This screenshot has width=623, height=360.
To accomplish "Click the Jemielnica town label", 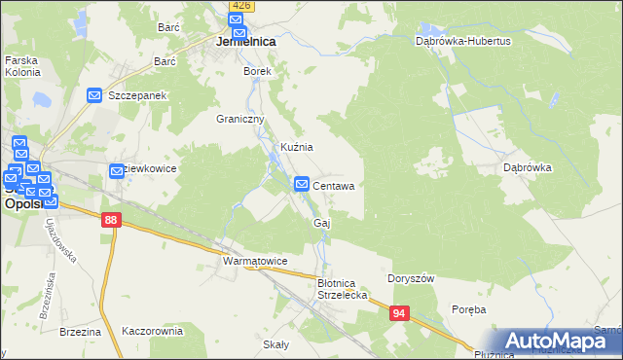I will pos(244,43).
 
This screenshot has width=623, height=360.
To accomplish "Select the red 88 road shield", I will pos(111,222).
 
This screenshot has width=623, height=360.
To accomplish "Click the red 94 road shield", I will pos(400,313).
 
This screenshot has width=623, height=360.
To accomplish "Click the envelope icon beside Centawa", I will pos(302,184).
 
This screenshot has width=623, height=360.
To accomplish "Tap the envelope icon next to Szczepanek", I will pos(94,95).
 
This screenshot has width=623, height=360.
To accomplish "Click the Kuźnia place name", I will pos(296,147).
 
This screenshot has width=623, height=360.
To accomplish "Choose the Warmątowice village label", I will pos(254,262).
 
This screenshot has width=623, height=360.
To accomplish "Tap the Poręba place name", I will pos(468,308).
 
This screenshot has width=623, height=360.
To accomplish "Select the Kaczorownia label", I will pos(152,331).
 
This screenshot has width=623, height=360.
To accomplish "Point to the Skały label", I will pos(275,344).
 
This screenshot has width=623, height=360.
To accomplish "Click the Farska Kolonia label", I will pos(22,66).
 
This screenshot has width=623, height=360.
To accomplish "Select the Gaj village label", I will pos(322,224).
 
